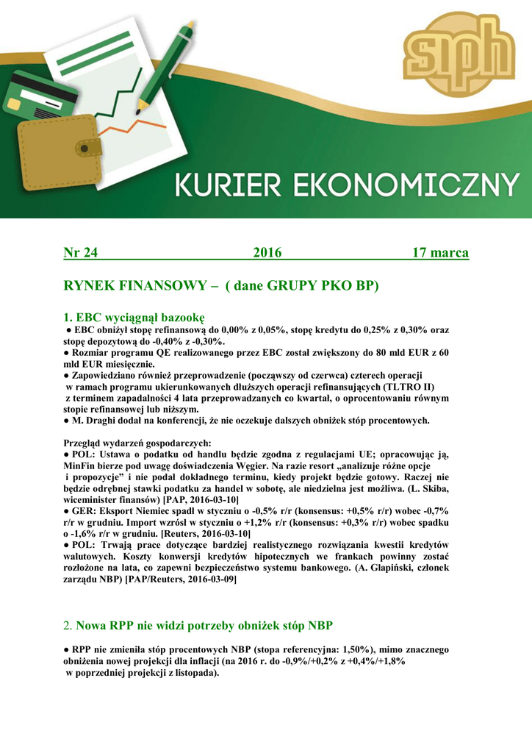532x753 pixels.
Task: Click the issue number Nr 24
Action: (81, 253)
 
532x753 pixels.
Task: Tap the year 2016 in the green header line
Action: (267, 253)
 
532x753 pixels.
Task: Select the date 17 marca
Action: (440, 253)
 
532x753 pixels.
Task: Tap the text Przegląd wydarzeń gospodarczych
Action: (137, 443)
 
